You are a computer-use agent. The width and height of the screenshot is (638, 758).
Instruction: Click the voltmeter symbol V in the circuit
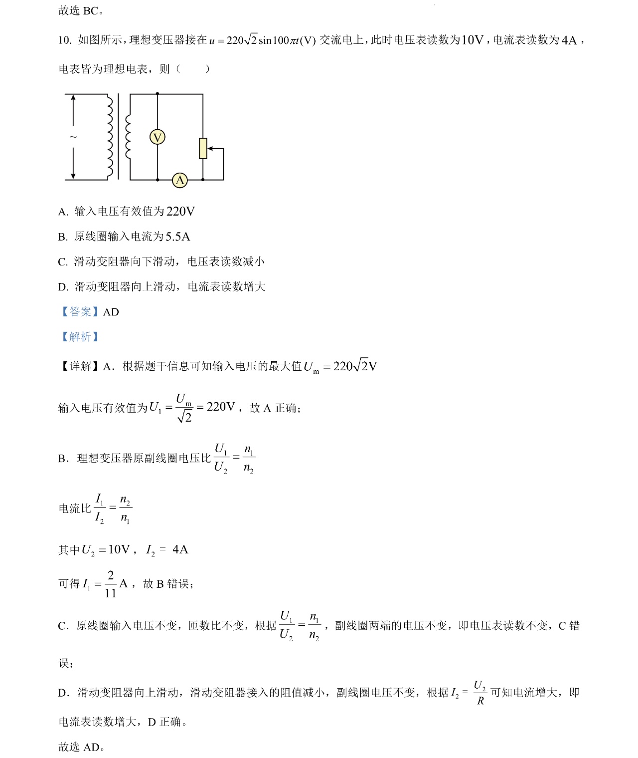158,137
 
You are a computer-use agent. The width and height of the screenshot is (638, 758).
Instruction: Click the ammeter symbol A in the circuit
180,180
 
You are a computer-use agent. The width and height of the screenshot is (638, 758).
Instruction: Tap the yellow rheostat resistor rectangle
203,148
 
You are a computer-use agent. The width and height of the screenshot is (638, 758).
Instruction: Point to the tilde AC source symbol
73,137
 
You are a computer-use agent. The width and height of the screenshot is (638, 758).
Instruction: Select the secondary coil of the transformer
128,137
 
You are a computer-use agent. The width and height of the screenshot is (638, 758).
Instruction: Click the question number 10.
65,40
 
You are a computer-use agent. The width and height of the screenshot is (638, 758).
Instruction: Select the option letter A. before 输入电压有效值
63,212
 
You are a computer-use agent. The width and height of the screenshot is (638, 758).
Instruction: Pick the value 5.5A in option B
178,237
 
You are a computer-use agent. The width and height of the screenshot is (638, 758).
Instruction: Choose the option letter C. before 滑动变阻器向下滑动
63,262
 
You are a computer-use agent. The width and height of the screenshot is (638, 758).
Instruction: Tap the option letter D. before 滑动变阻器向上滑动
63,287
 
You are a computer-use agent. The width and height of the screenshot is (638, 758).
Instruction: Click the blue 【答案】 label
80,312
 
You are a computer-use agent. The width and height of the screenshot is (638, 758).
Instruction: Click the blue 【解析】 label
80,337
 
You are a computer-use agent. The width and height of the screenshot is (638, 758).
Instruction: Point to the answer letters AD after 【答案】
111,312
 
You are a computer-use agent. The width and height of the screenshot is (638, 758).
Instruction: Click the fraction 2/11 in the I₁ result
110,584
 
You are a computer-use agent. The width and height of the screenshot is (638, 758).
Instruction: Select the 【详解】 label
80,366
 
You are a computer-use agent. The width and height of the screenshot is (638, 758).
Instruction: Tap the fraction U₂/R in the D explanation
480,693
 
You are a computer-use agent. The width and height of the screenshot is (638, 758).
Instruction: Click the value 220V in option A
180,212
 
